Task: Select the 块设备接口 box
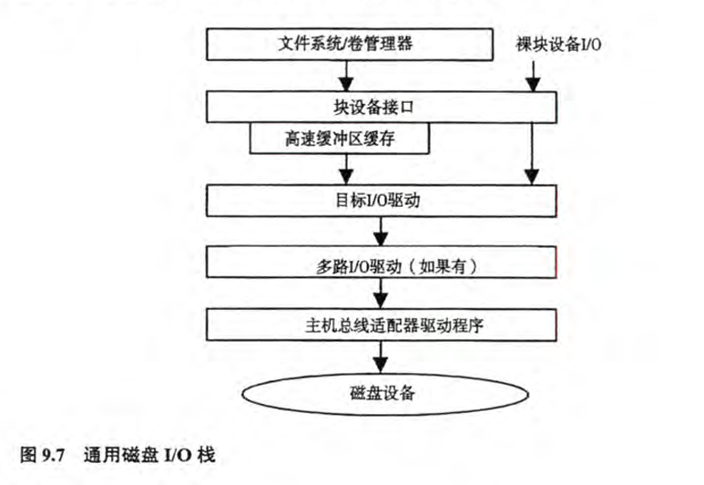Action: [382, 107]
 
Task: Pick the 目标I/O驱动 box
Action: [382, 201]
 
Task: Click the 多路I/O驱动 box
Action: [382, 265]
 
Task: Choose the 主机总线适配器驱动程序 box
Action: [382, 324]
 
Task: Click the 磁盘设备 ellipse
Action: [383, 393]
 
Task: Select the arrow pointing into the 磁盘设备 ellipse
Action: [383, 356]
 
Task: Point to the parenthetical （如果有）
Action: [442, 265]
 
